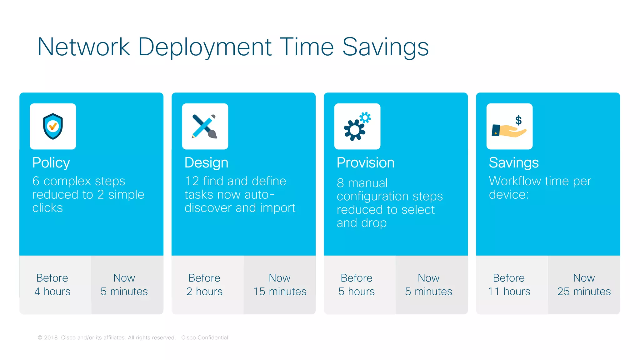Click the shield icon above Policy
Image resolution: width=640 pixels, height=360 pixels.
53,126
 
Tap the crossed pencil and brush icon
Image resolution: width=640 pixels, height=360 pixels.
205,126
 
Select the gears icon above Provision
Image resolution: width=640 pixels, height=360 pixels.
357,127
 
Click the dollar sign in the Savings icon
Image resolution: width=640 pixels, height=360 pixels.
518,120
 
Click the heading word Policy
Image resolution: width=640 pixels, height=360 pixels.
51,163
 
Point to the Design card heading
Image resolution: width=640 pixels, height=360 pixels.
206,163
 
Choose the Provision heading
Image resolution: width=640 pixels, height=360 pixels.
365,163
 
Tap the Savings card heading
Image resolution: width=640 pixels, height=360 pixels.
513,163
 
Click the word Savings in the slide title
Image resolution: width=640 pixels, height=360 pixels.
385,47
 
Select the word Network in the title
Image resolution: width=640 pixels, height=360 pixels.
83,47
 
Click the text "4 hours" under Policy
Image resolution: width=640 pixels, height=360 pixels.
52,292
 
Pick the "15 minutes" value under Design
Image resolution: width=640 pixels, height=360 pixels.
280,292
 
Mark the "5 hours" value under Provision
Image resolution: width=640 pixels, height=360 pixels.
357,292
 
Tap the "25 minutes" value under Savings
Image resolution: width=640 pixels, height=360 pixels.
584,292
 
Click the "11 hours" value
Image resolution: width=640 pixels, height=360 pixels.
509,292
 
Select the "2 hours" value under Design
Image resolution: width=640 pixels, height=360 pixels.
204,292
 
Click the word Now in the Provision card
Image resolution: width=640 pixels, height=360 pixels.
428,278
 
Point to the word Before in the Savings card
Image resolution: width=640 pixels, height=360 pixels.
508,278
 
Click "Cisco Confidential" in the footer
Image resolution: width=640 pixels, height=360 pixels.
204,337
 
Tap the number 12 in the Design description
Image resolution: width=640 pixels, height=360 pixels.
192,181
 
